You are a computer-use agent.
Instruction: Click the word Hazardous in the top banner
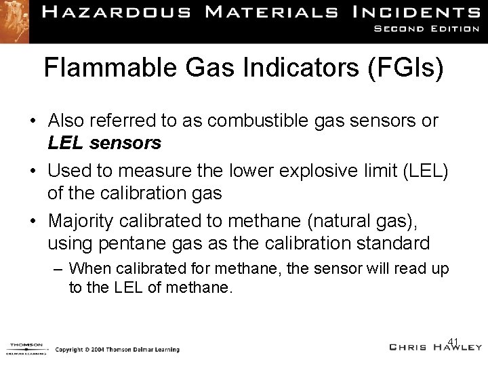(128, 13)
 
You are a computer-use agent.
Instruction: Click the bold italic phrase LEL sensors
(104, 142)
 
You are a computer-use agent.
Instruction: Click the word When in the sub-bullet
(89, 268)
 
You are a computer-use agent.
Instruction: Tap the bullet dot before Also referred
(33, 122)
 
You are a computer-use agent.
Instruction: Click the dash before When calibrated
(58, 268)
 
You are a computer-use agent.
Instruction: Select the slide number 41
(454, 341)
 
